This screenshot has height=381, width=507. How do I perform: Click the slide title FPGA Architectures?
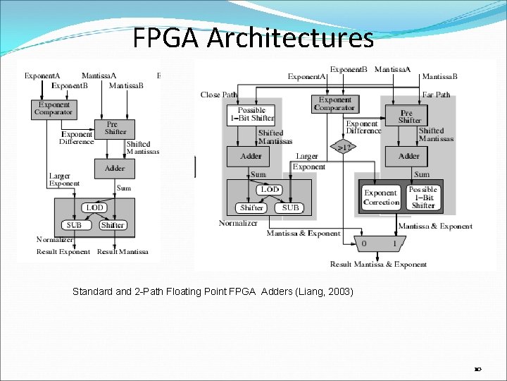point(253,38)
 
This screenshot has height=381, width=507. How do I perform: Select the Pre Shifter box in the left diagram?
point(115,128)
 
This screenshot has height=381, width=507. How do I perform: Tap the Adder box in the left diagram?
point(115,168)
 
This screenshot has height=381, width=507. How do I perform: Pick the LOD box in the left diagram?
point(94,207)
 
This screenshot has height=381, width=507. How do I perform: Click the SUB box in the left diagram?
point(74,225)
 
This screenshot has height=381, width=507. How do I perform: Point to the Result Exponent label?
point(63,251)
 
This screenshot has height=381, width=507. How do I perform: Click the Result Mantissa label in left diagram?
point(123,251)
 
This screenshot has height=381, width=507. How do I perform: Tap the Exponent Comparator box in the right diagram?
point(334,104)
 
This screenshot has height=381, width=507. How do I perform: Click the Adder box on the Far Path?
point(409,156)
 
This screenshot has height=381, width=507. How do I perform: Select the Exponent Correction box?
point(381,198)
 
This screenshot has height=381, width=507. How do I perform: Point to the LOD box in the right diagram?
point(270,190)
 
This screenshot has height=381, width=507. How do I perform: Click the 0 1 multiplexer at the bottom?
point(380,243)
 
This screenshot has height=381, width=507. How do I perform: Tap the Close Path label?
point(219,95)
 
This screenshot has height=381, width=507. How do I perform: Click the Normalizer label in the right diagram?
point(238,223)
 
